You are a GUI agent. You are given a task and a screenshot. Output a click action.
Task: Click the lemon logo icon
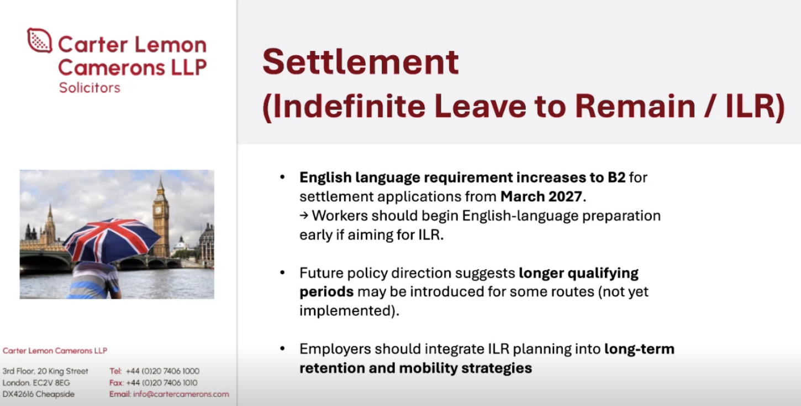(x=39, y=40)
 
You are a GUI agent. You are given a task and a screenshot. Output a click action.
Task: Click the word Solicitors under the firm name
(x=89, y=87)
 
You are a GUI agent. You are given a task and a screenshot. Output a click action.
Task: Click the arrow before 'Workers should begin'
(x=304, y=216)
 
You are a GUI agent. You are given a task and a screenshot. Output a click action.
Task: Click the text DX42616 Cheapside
(x=38, y=394)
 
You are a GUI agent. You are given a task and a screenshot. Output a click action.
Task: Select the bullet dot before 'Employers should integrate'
(x=283, y=349)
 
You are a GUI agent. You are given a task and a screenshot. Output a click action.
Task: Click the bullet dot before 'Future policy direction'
(x=283, y=273)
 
